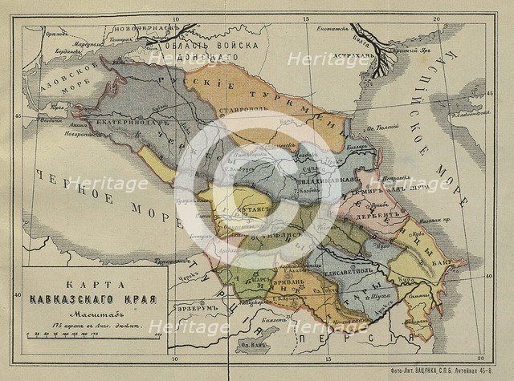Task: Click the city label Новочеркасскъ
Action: pos(147,29)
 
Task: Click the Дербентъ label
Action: pos(372,214)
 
